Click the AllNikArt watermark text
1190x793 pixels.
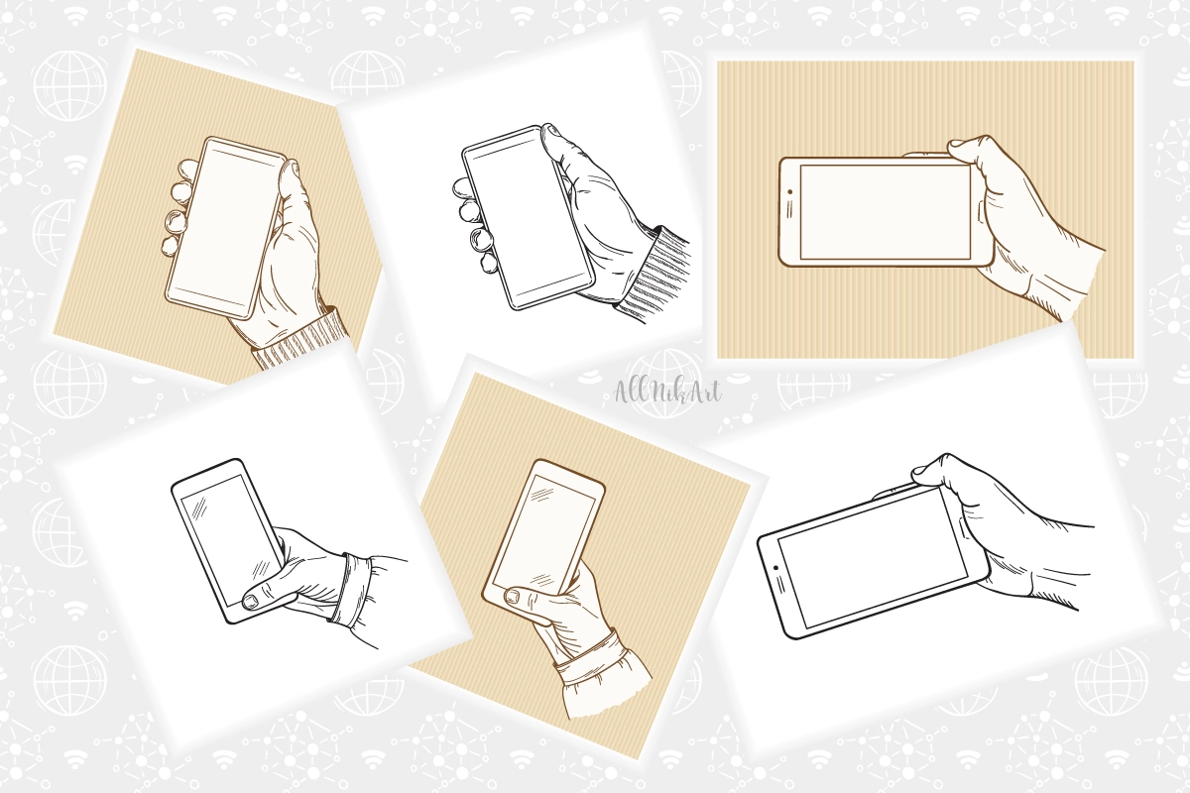[667, 392]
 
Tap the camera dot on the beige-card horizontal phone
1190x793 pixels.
[790, 191]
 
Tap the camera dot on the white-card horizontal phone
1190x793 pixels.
[776, 568]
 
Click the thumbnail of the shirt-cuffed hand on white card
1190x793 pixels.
[250, 601]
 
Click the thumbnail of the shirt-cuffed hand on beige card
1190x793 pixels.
[513, 595]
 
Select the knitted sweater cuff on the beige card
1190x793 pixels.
[300, 338]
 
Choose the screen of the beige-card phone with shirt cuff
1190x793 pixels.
[543, 532]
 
